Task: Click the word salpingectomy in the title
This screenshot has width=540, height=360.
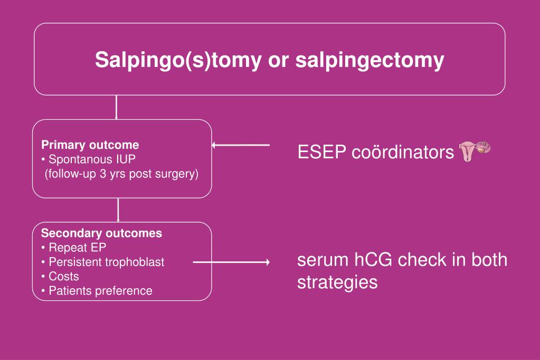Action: coord(370,60)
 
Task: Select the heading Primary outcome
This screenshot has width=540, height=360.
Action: coord(90,145)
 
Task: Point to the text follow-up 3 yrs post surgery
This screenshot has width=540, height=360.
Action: coord(121,174)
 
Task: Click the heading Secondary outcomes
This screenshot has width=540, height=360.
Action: coord(101,233)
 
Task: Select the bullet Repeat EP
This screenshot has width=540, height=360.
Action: coord(77,248)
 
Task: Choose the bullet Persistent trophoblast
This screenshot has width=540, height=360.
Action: coord(106,262)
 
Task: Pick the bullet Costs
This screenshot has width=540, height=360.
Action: coord(63,276)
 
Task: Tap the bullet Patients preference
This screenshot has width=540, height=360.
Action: coord(100,290)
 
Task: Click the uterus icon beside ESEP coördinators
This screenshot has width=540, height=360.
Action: coord(475,151)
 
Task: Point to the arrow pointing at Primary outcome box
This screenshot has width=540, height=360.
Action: coord(241,145)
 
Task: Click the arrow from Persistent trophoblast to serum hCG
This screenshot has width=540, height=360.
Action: coord(231,262)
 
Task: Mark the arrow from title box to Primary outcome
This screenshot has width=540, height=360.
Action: coord(116,107)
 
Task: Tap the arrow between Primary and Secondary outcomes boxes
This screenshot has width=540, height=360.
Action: coord(118,210)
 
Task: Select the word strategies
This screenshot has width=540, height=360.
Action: coord(337,282)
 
